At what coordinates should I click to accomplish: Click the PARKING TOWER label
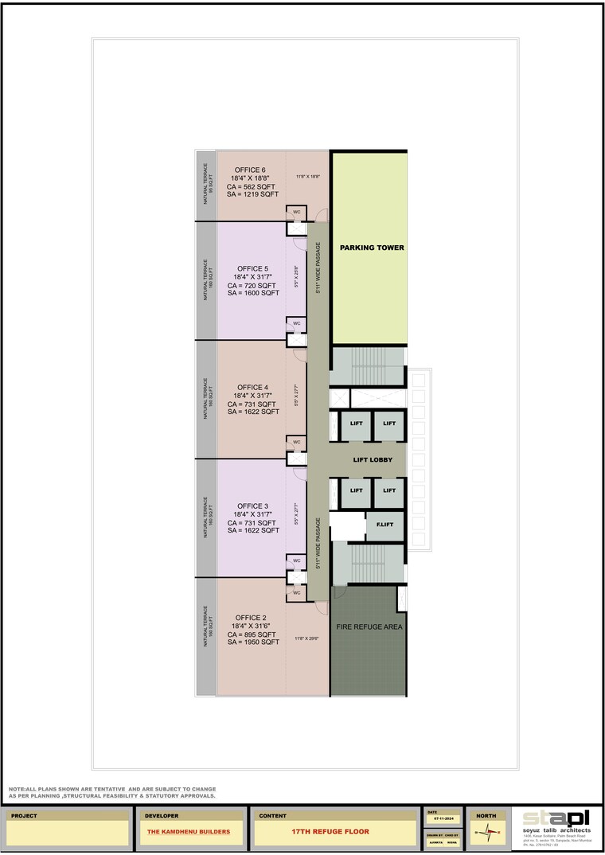pyautogui.click(x=372, y=248)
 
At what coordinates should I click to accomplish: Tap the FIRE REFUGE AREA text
pyautogui.click(x=370, y=627)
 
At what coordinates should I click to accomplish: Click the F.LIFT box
pyautogui.click(x=385, y=525)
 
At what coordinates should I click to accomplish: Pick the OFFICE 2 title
pyautogui.click(x=252, y=618)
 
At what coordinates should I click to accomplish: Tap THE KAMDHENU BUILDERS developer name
pyautogui.click(x=189, y=832)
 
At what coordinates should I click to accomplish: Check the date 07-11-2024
pyautogui.click(x=443, y=818)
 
